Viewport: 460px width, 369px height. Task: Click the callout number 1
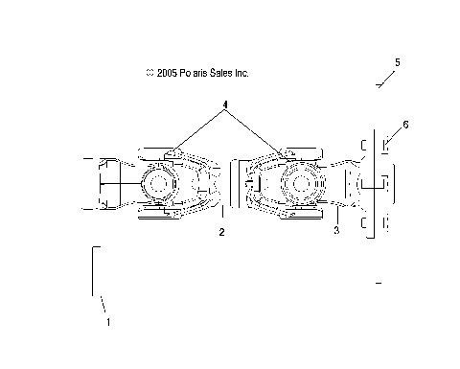click(x=108, y=322)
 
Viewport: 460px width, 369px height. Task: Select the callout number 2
click(x=221, y=232)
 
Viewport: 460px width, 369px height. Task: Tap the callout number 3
click(x=336, y=231)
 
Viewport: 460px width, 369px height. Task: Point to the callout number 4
click(x=225, y=103)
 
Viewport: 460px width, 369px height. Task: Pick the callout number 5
click(x=398, y=62)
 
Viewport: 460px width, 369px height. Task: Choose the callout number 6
click(x=405, y=125)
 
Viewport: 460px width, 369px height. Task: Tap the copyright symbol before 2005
click(x=149, y=73)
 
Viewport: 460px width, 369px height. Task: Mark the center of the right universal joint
click(x=300, y=182)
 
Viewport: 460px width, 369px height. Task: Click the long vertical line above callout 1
click(x=93, y=271)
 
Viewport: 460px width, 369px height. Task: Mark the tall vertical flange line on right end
click(x=372, y=182)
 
